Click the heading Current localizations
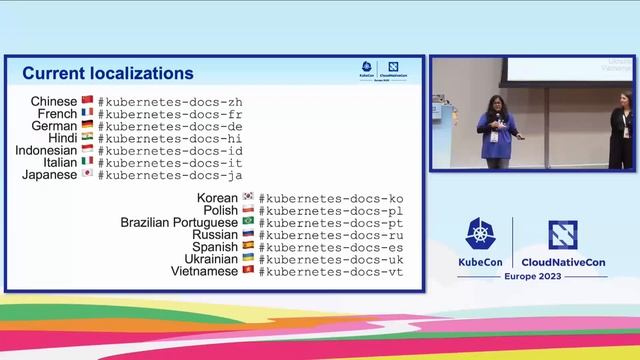(108, 73)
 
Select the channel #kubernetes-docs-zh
(170, 102)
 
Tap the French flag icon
(87, 114)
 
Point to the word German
(54, 126)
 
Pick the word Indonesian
(46, 151)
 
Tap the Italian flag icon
(87, 163)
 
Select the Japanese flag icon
(87, 175)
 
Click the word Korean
(217, 198)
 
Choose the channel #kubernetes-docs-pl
(331, 211)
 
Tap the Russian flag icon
(248, 235)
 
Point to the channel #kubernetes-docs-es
(331, 247)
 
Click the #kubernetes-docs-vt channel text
(331, 271)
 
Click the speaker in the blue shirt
(496, 130)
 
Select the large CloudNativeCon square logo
(563, 234)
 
